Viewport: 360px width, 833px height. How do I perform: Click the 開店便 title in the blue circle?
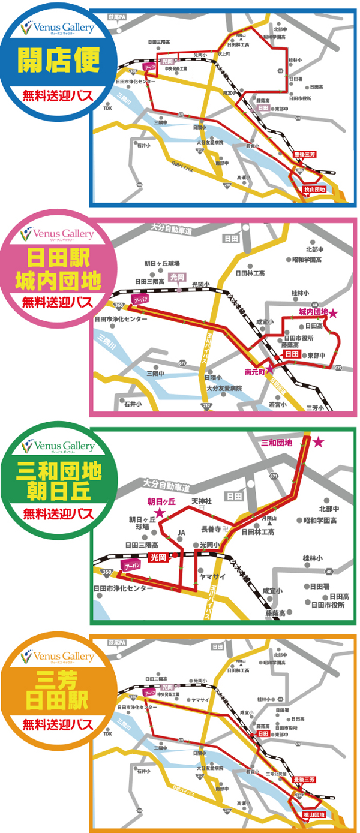pos(58,62)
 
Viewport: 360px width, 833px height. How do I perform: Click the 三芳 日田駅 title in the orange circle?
pos(58,689)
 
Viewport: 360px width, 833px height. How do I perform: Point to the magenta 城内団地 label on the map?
pos(314,312)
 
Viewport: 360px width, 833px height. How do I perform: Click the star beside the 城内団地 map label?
pos(334,313)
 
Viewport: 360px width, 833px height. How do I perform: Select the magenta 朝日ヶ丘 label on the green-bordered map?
pos(161,501)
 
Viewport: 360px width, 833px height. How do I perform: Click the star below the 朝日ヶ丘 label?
pos(160,512)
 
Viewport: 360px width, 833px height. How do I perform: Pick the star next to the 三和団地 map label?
pos(318,442)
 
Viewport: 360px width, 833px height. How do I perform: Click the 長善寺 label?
pos(211,528)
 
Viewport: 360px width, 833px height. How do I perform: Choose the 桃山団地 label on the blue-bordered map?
pos(313,190)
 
